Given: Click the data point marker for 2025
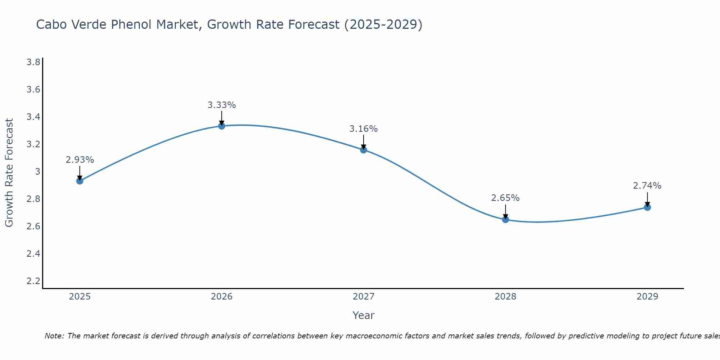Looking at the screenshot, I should tap(80, 181).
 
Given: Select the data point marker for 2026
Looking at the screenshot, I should tap(222, 126).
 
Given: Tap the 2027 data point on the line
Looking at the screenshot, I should tap(364, 150).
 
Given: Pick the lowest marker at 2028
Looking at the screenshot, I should tap(505, 220).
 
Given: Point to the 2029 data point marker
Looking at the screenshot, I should tap(647, 207).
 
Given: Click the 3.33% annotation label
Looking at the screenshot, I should tap(222, 105).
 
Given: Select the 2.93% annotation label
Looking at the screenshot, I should tap(80, 160).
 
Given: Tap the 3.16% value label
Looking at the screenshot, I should tap(364, 129).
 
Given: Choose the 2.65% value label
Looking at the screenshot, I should tap(505, 198).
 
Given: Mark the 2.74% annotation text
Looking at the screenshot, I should tap(647, 186).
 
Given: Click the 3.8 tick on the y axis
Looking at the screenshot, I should tap(33, 62).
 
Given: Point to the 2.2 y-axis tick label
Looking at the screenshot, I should tap(33, 281).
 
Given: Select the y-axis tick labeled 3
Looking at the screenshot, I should tap(37, 172).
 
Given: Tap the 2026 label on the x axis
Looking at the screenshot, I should tap(222, 297).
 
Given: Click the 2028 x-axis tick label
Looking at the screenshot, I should tap(505, 297).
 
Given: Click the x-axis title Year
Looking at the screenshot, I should tap(364, 315).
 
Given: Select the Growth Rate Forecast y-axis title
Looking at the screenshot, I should tap(9, 173).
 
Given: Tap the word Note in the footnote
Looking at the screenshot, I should tap(54, 336).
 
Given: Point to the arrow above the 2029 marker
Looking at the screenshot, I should tap(647, 199).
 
